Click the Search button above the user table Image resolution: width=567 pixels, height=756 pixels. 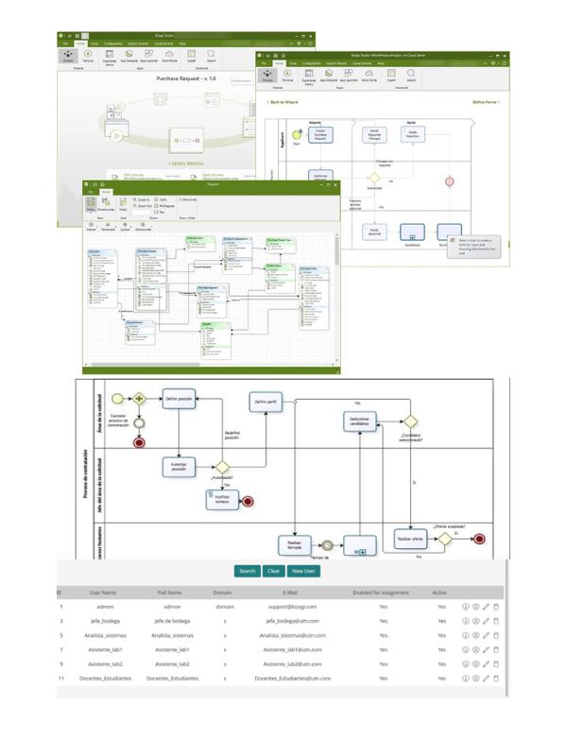click(x=247, y=571)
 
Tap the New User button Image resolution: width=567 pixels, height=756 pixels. click(x=303, y=571)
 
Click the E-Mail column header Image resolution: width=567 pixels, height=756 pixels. click(x=290, y=593)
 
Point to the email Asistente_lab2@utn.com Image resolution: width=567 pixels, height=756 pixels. click(x=291, y=663)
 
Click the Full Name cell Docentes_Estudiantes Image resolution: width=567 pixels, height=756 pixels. click(x=173, y=678)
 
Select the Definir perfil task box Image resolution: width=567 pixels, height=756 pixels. click(x=266, y=403)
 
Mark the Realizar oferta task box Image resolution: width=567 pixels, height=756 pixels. click(x=411, y=538)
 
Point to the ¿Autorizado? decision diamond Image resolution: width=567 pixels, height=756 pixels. click(x=223, y=466)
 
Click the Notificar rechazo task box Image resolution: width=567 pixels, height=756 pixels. click(x=222, y=501)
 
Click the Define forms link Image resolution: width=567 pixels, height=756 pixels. click(x=485, y=101)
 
